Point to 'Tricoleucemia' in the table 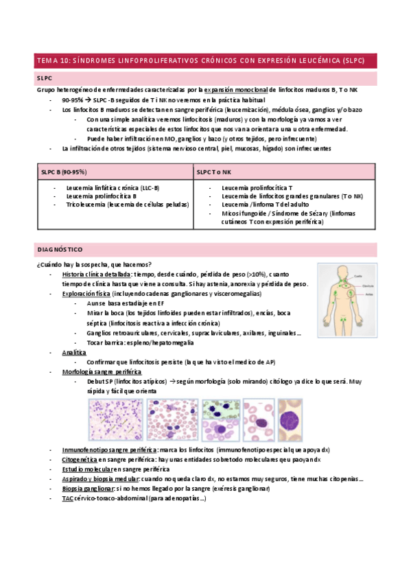coord(86,205)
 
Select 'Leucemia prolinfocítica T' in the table coord(257,187)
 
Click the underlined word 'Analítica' coord(73,351)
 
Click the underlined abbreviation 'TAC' coord(67,498)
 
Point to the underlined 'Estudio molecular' coord(86,469)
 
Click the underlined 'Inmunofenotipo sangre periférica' coord(108,450)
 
